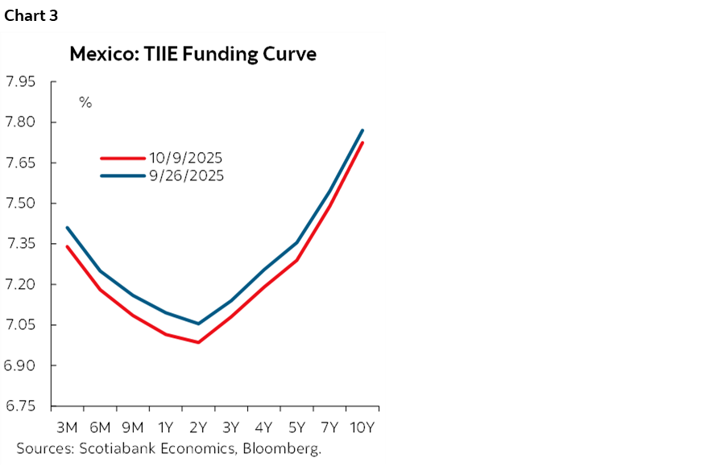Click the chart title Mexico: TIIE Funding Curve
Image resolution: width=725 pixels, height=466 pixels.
click(193, 55)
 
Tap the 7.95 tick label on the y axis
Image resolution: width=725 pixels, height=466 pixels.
click(21, 82)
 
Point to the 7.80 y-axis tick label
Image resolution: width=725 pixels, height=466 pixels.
click(21, 122)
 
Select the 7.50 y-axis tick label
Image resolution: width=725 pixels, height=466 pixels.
click(21, 204)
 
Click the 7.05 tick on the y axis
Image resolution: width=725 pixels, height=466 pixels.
click(21, 325)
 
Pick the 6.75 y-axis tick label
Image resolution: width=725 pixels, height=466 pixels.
click(21, 406)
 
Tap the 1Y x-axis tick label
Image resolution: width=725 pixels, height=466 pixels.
click(165, 427)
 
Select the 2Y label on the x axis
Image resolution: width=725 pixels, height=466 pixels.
click(198, 427)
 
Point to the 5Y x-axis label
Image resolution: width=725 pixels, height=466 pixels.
click(296, 427)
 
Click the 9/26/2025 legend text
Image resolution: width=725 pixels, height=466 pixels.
click(185, 175)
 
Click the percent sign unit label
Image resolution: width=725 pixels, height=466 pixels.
click(85, 103)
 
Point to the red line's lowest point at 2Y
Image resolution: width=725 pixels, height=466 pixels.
click(198, 342)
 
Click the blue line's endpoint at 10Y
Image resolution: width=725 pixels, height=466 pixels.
click(362, 130)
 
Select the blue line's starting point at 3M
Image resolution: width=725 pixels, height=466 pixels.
click(67, 228)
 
